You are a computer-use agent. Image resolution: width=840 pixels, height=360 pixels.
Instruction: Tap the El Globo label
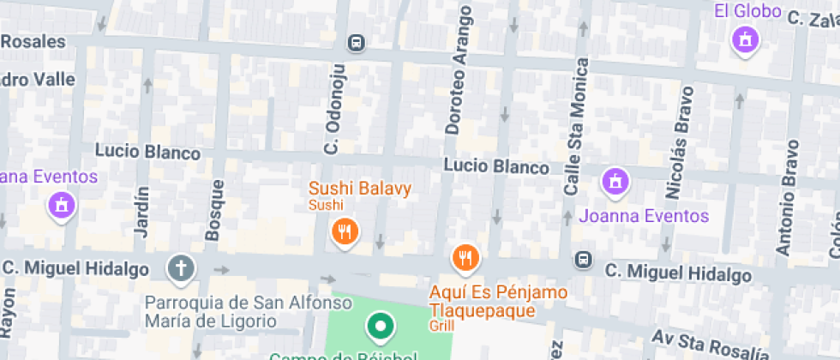click(747, 11)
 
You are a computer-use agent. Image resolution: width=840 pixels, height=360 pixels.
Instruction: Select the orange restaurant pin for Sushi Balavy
click(344, 231)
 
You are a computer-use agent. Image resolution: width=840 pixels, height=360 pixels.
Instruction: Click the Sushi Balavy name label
click(360, 189)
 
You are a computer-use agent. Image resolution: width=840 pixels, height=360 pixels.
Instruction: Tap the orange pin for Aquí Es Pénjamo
click(465, 258)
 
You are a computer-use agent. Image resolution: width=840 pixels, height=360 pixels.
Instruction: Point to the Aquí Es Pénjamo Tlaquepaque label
click(497, 302)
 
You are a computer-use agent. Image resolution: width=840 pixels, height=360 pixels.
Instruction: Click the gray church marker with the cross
click(181, 269)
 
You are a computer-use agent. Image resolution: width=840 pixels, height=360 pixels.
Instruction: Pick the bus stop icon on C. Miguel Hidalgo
click(583, 258)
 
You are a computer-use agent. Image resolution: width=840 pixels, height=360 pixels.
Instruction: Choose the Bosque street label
click(214, 209)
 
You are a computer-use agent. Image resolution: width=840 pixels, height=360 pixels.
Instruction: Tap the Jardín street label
click(141, 212)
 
